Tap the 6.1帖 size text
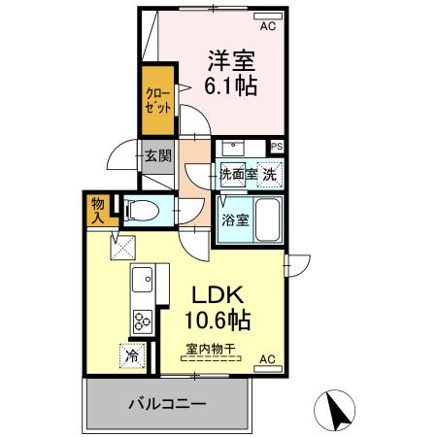point(231,86)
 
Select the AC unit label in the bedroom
point(267,27)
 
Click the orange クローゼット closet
point(158,101)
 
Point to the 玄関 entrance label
point(157,154)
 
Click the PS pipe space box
point(278,147)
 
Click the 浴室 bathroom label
point(235,220)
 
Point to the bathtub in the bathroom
point(267,218)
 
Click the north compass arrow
point(340,408)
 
